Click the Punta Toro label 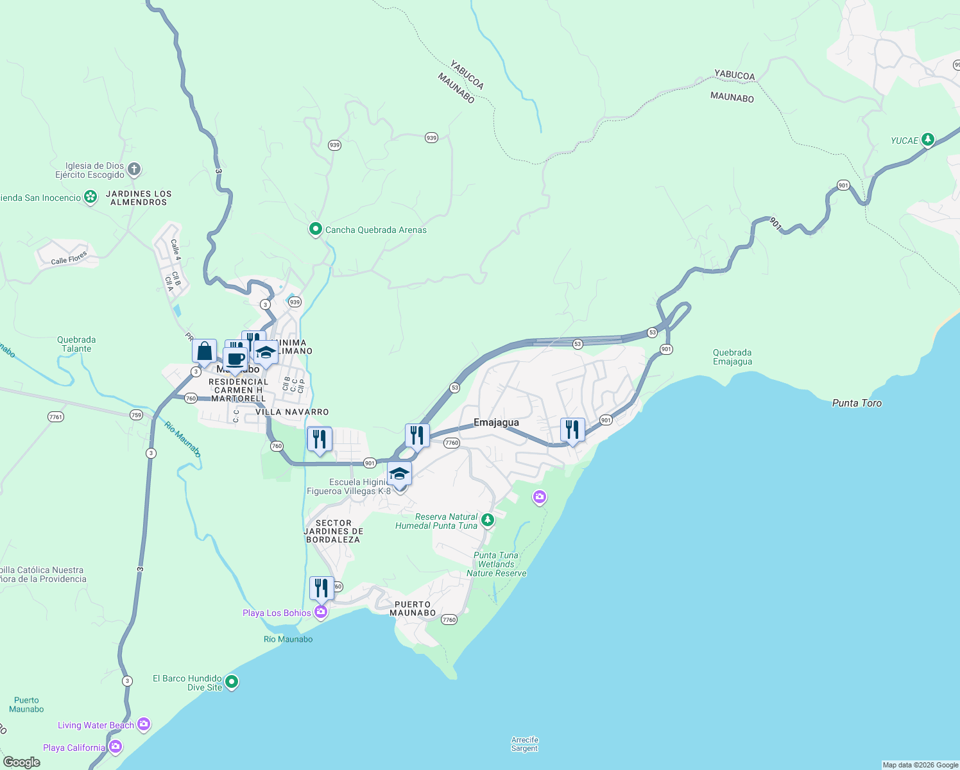(x=857, y=403)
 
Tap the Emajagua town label (x=496, y=422)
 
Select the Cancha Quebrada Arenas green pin (x=315, y=229)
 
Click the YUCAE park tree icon (x=927, y=139)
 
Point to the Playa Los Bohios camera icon (x=321, y=612)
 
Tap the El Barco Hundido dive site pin (x=232, y=681)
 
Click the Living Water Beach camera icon (x=144, y=724)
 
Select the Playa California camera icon (x=116, y=746)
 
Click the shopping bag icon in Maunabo (x=204, y=352)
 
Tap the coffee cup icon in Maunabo (x=236, y=359)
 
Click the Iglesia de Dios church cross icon (x=133, y=169)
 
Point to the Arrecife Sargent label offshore (x=524, y=744)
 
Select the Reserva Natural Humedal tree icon (x=488, y=520)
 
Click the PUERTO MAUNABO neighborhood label (x=413, y=608)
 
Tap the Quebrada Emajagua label (x=732, y=357)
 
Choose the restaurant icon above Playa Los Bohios (x=321, y=588)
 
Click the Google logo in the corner (x=22, y=762)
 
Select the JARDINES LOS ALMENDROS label (x=139, y=198)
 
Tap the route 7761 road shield (x=56, y=417)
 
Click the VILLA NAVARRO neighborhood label (x=292, y=412)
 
